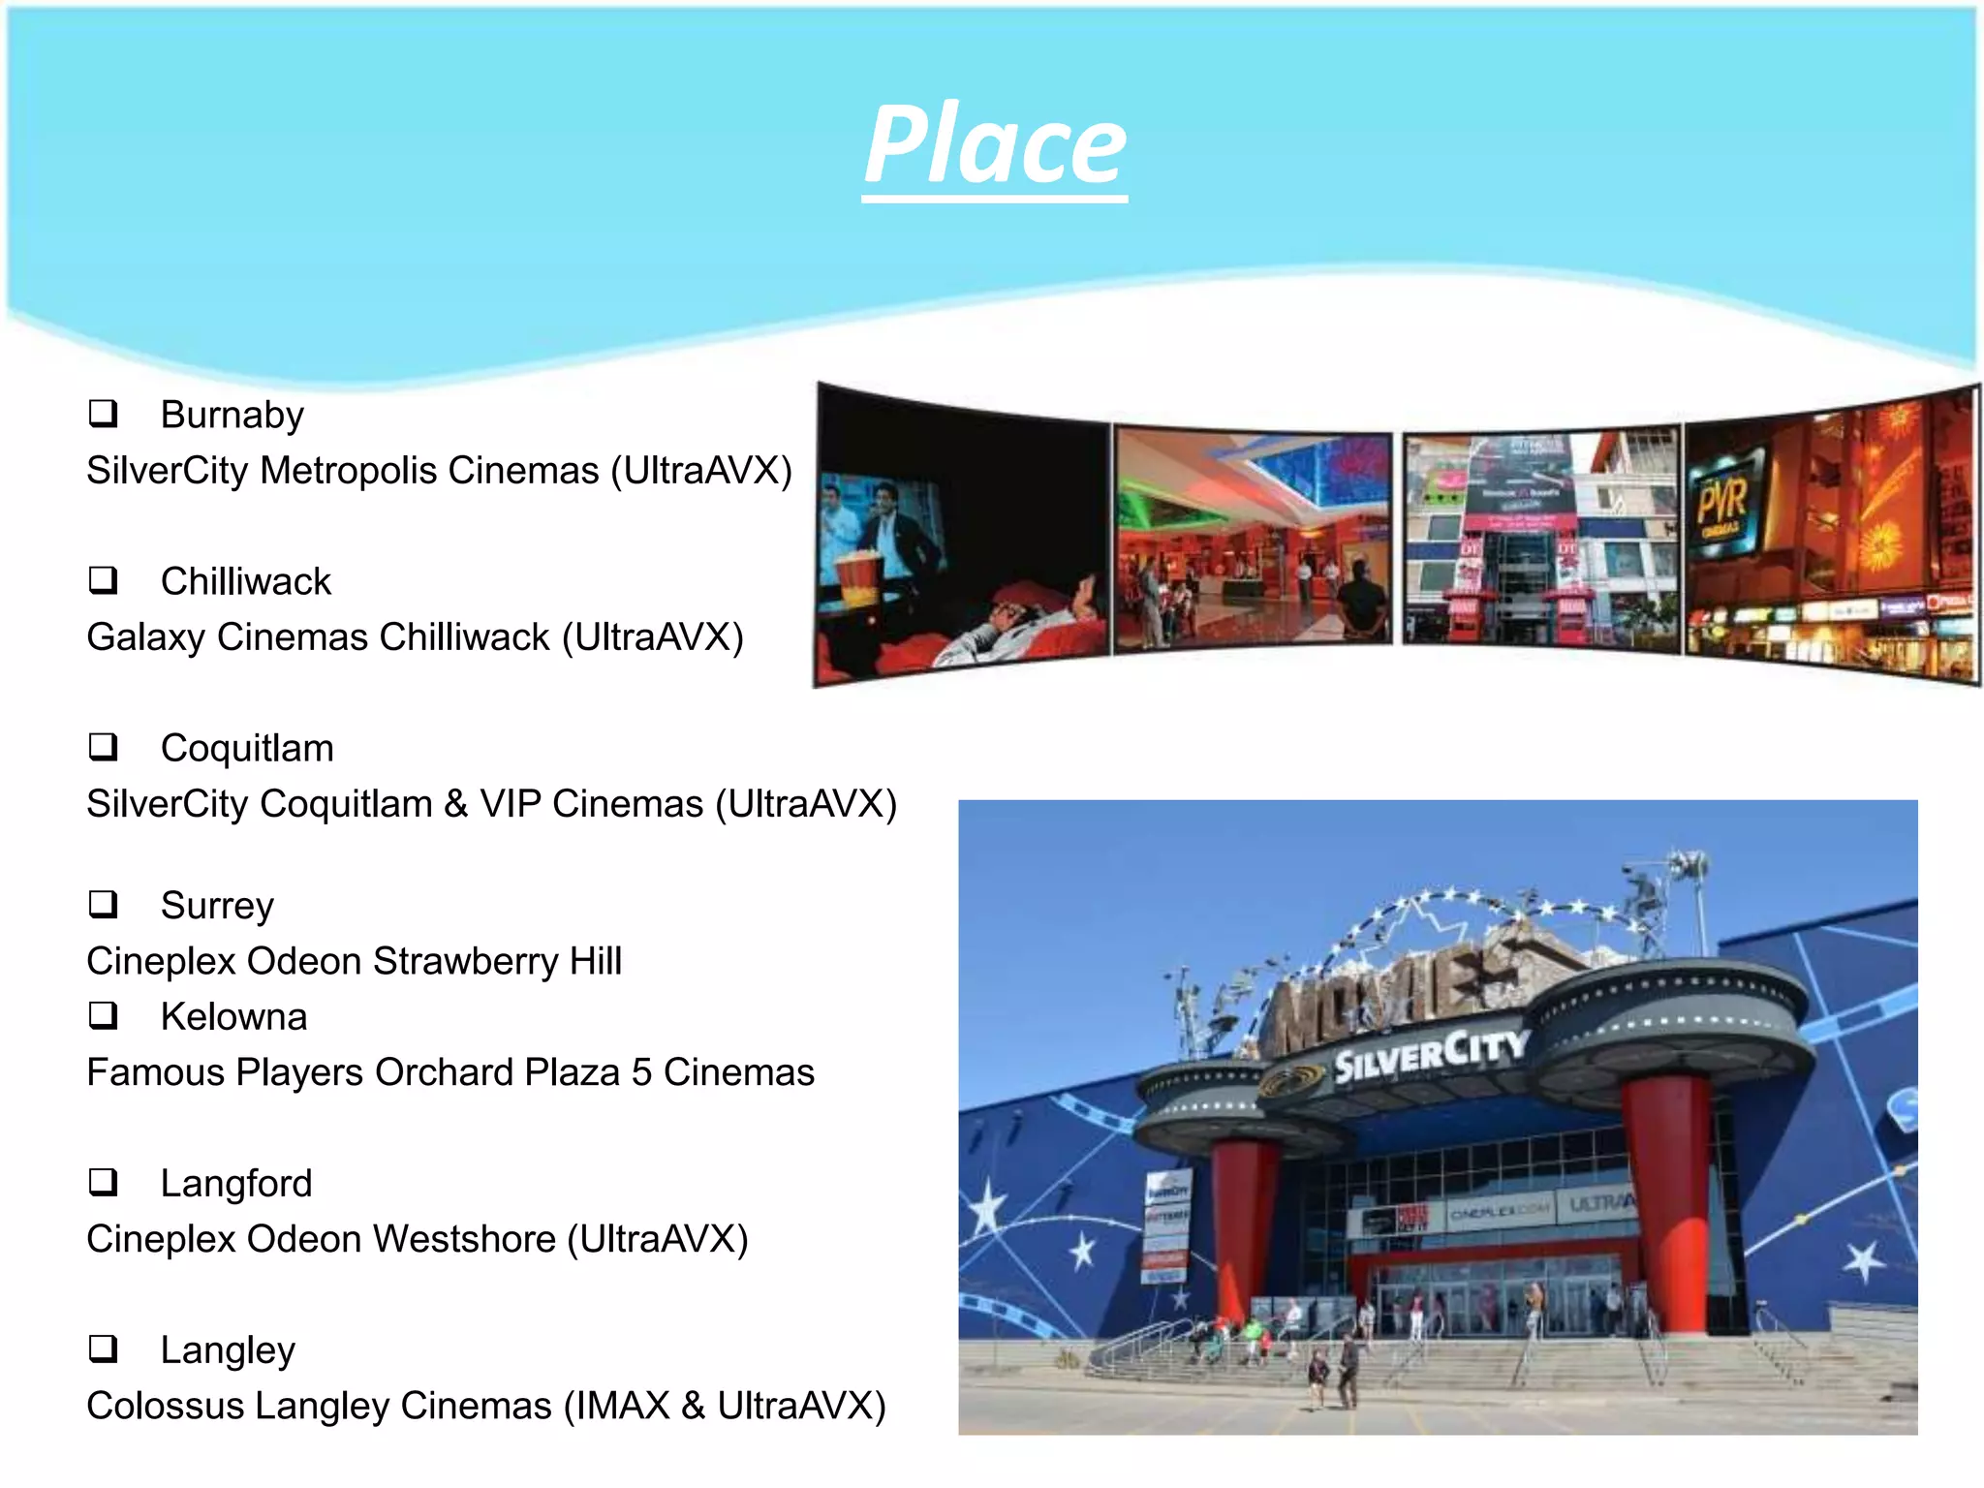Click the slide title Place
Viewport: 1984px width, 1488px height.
pos(995,145)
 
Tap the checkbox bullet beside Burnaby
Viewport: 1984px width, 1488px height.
pos(103,414)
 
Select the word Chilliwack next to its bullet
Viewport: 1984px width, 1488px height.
pos(245,581)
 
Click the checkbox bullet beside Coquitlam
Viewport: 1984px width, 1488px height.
pos(103,747)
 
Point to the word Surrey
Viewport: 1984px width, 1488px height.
pos(217,906)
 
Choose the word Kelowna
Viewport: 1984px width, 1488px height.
pos(233,1016)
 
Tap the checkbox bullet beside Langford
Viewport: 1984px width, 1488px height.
pos(103,1182)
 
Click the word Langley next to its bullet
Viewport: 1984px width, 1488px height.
pos(228,1350)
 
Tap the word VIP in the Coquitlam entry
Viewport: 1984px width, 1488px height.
pos(510,804)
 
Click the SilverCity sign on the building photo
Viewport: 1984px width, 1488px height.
pos(1430,1054)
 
